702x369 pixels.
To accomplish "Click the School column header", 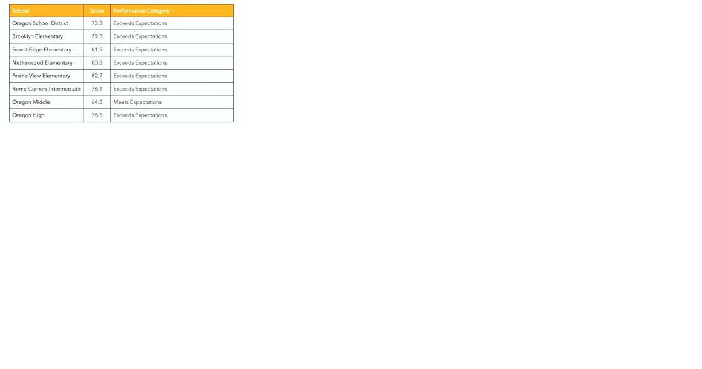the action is tap(20, 10).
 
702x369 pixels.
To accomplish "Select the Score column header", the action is tap(97, 10).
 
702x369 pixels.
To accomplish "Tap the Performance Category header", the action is tap(141, 10).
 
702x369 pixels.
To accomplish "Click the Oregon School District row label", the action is tap(40, 23).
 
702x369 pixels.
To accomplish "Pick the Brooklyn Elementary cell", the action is tap(38, 36).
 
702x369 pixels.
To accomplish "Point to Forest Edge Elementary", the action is tap(42, 50).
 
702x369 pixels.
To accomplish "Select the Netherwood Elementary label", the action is tap(42, 63).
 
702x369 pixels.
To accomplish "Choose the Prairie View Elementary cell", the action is tap(41, 76).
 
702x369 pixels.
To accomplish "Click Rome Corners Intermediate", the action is tap(46, 89).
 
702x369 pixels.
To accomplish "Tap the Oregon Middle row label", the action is tap(31, 102).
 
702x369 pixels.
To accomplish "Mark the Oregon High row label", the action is tap(28, 115).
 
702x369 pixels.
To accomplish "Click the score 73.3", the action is tap(97, 23).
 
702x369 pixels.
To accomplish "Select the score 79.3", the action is tap(97, 36).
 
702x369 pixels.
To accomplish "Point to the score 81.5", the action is tap(97, 50).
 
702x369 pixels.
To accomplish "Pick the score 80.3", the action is tap(97, 63).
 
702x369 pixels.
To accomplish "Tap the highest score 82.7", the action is tap(97, 76).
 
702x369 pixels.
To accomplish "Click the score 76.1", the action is tap(97, 89).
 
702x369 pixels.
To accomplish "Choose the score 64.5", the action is tap(97, 102).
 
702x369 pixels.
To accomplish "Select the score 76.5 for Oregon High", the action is tap(97, 115).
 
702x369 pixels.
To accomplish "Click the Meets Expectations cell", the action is tap(137, 102).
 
